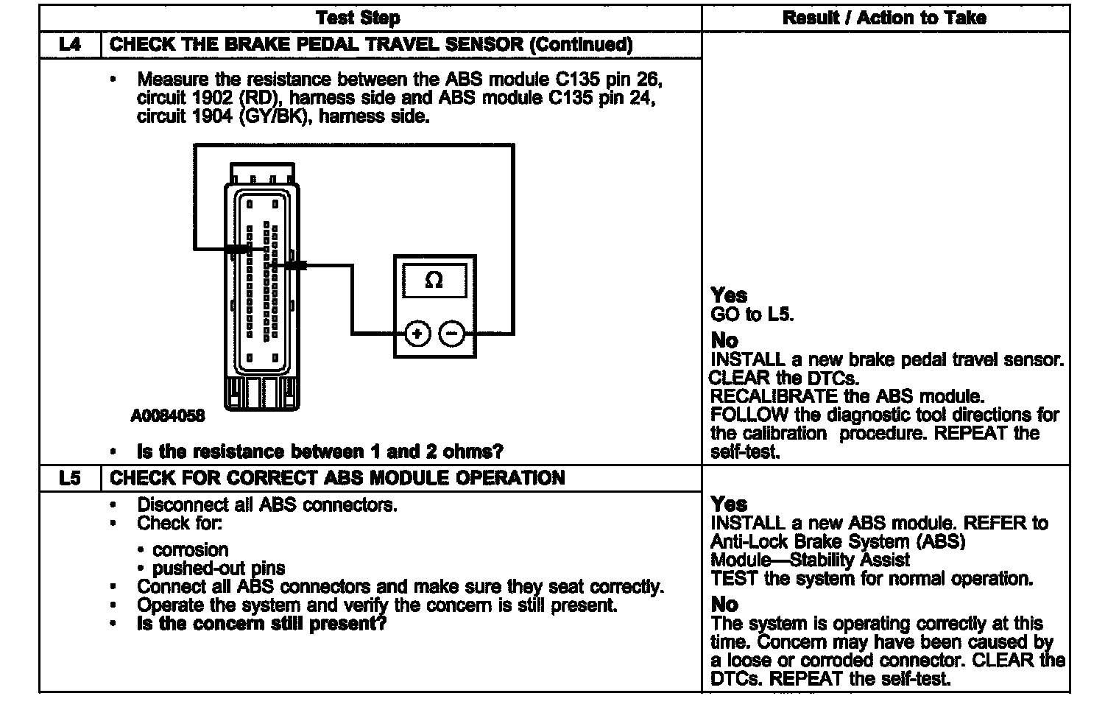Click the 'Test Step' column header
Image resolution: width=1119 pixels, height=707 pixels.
(x=358, y=18)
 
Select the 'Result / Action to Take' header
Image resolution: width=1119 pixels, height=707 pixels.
(x=884, y=18)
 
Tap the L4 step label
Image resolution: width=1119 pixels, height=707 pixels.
(x=70, y=44)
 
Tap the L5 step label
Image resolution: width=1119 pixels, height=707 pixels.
(x=70, y=478)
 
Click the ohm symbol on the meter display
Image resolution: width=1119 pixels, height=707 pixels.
(x=434, y=281)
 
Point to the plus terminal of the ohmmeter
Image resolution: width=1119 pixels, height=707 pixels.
(x=417, y=334)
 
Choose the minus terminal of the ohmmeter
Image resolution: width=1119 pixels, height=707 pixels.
(x=451, y=334)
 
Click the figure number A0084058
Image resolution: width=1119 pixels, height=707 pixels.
(x=168, y=416)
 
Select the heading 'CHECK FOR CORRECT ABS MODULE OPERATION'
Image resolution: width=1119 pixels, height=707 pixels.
(x=337, y=478)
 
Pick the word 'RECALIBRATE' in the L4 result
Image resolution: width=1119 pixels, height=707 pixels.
(x=774, y=396)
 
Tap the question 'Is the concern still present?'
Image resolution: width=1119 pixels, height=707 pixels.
(x=261, y=624)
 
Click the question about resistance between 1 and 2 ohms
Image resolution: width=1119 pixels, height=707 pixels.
(x=320, y=451)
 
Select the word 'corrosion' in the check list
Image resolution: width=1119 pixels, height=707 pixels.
(x=191, y=550)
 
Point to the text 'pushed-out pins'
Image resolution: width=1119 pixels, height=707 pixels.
(x=219, y=569)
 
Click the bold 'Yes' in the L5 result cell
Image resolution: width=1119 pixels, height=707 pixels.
(x=729, y=504)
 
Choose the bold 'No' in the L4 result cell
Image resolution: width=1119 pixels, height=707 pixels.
(x=724, y=340)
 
